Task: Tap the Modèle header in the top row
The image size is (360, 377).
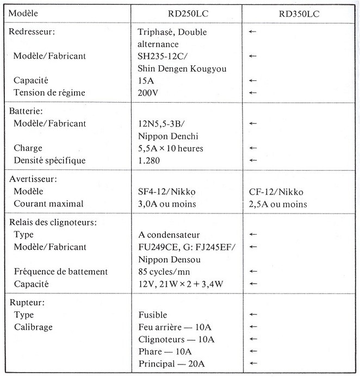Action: coord(26,13)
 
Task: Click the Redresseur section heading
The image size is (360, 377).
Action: coord(33,32)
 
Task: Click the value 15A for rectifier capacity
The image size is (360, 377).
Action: coord(146,80)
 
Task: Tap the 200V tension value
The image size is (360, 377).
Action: coord(148,92)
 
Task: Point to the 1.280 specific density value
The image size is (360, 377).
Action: coord(150,160)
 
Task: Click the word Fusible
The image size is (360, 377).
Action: coord(153,315)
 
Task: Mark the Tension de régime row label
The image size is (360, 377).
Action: coord(49,92)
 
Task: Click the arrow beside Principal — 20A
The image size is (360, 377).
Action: coord(252,363)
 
